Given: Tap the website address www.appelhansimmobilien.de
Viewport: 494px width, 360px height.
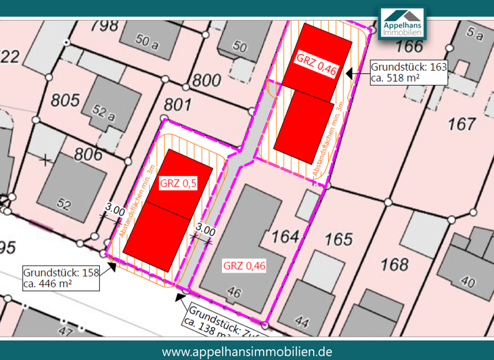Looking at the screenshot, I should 247,351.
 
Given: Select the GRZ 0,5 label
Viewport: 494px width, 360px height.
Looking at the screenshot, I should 179,184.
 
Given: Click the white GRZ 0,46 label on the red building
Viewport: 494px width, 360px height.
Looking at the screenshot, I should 316,59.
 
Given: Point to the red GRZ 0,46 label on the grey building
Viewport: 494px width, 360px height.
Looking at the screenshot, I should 244,265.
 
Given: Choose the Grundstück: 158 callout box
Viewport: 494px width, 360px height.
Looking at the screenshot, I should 62,278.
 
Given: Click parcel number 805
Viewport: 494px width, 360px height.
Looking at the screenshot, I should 66,100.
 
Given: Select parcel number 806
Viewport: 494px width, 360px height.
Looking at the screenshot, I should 88,155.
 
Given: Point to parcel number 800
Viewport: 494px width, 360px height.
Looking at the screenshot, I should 206,81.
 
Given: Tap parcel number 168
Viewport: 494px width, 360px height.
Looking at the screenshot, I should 394,264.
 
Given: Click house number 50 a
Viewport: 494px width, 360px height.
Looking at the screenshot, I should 147,44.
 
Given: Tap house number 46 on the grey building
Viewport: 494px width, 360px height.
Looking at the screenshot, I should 234,293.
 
